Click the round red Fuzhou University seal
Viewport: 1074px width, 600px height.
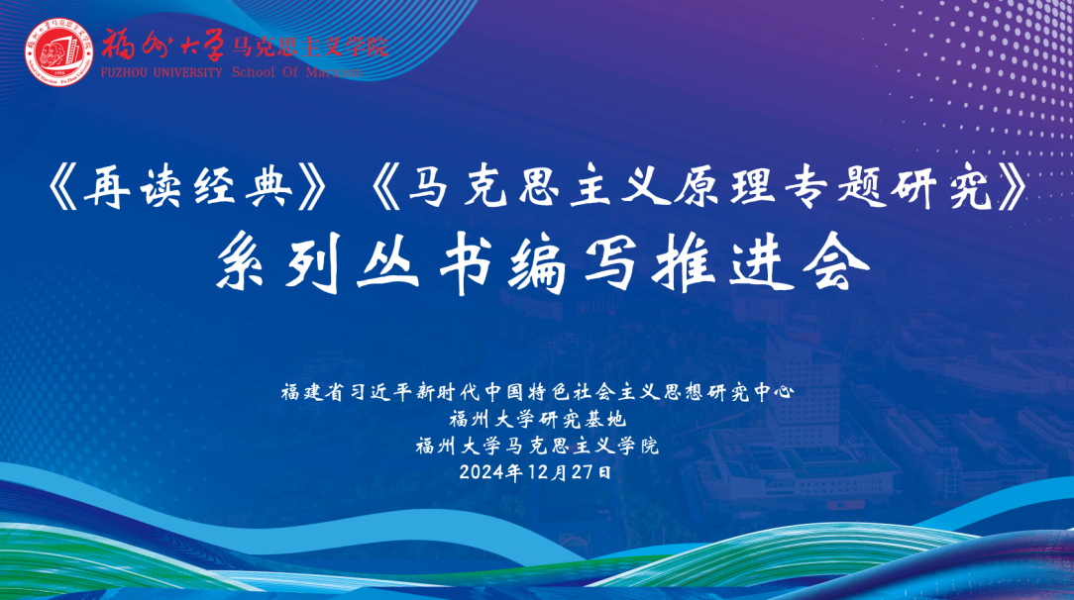58,52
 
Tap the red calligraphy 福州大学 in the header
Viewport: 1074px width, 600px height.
163,46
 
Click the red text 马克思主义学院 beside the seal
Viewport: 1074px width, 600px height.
309,48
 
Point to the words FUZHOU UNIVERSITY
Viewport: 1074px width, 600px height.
161,72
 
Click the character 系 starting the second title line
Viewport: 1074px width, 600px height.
246,262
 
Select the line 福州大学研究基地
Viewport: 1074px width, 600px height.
538,419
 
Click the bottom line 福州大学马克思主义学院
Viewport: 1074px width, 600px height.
537,447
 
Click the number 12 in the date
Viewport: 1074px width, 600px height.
538,472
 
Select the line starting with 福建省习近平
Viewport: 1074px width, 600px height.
538,392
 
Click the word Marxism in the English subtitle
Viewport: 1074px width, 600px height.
334,72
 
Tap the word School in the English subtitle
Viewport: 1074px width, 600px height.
254,72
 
